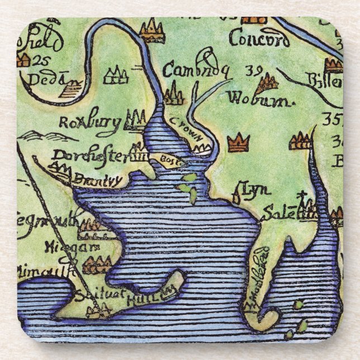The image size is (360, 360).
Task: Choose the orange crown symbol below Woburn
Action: [239, 143]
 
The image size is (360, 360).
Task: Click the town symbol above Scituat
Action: [96, 263]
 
